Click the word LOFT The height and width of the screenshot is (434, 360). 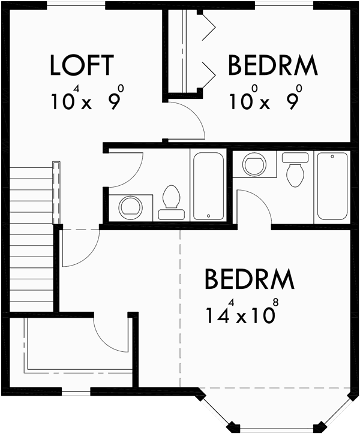click(81, 65)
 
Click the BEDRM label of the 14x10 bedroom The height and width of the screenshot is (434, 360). click(249, 279)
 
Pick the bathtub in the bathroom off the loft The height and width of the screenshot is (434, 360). click(208, 184)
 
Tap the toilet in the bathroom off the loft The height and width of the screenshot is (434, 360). click(172, 201)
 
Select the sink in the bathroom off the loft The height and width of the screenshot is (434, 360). click(130, 207)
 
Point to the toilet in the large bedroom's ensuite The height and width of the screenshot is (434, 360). click(295, 170)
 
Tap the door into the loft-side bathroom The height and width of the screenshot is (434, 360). click(126, 169)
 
